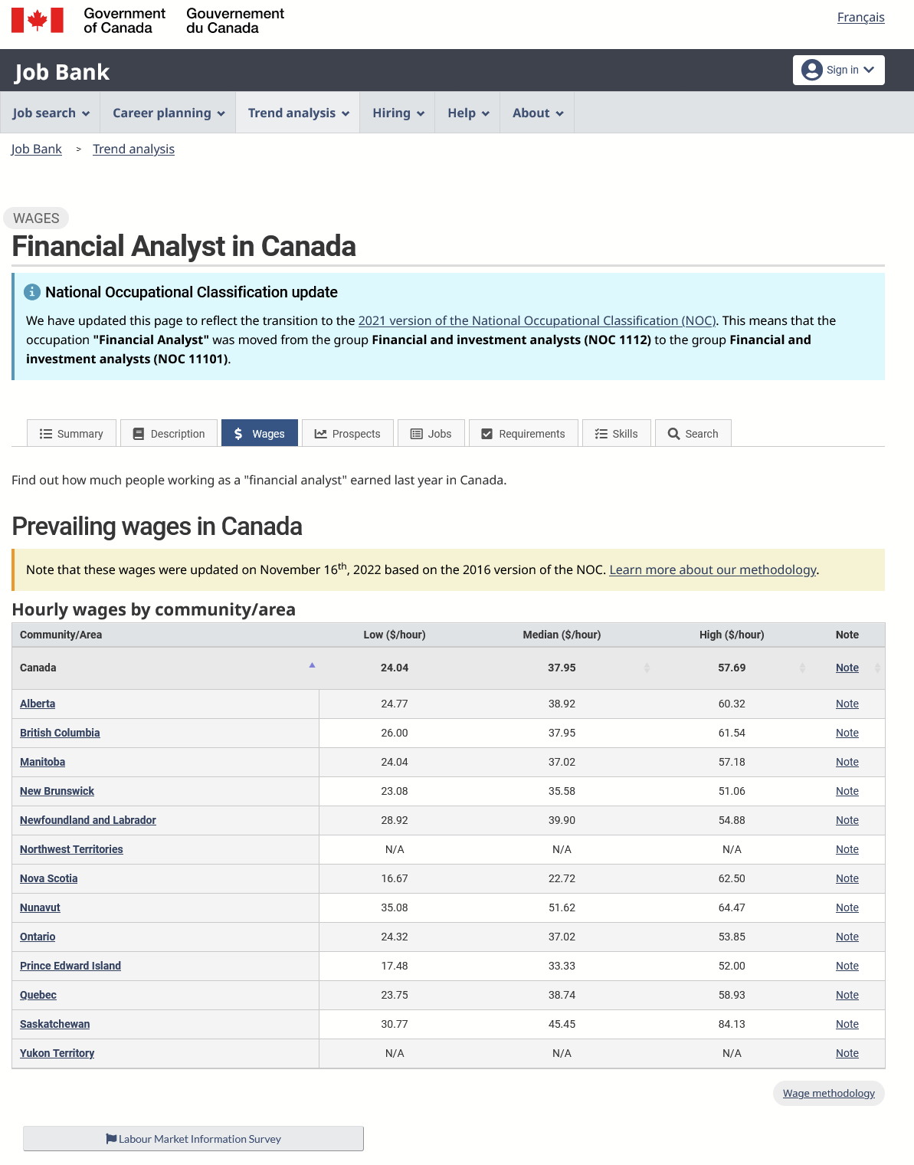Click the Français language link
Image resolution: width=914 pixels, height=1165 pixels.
[860, 18]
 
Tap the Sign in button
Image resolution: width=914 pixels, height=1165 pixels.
[838, 70]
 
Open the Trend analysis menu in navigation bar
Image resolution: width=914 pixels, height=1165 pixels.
[298, 113]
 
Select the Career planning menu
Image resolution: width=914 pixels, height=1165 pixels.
[169, 113]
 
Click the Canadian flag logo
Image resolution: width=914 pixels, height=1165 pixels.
[38, 21]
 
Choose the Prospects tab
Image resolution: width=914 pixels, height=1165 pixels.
[347, 434]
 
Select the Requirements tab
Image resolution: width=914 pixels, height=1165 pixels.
[523, 434]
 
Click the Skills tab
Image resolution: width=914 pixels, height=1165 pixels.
[616, 434]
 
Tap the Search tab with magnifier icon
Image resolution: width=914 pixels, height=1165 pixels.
[693, 434]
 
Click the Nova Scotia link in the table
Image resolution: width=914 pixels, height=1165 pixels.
[48, 878]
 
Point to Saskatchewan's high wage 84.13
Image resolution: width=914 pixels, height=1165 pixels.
[732, 1024]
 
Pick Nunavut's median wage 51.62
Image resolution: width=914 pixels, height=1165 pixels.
[562, 907]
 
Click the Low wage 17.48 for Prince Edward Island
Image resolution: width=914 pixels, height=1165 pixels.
[395, 966]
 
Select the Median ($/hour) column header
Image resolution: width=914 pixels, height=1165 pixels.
[562, 635]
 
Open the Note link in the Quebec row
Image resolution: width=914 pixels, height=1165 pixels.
[847, 995]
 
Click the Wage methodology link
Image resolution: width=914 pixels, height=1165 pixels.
[828, 1093]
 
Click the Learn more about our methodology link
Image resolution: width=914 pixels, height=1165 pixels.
[713, 569]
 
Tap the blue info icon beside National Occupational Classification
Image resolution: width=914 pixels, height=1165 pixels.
[32, 292]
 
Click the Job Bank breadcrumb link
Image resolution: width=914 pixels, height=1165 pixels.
[36, 149]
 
